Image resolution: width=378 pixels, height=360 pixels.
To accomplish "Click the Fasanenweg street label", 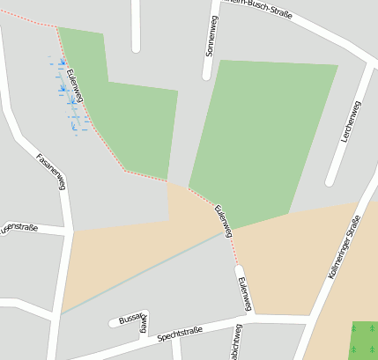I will (x=51, y=171).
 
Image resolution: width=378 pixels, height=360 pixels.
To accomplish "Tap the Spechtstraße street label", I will (x=180, y=334).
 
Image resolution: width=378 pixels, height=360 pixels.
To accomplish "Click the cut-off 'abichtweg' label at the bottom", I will (x=235, y=345).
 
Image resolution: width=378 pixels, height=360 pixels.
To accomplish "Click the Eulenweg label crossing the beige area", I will (x=224, y=219).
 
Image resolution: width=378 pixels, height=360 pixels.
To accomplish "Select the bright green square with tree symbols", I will (x=364, y=339).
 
